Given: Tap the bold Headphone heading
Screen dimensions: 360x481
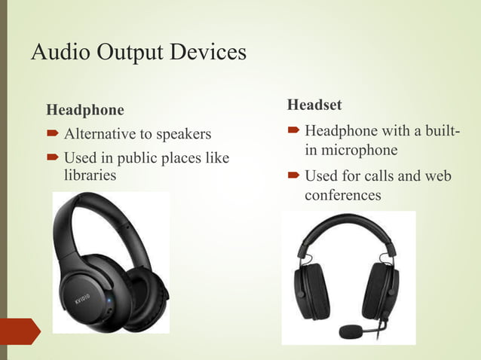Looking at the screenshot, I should [85, 110].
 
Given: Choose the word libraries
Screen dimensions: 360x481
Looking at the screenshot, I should [90, 175].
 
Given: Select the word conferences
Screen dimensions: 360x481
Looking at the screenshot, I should [343, 195].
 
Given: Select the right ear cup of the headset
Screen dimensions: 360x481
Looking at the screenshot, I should [381, 290].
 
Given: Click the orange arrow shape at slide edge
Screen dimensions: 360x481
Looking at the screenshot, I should [20, 331].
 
